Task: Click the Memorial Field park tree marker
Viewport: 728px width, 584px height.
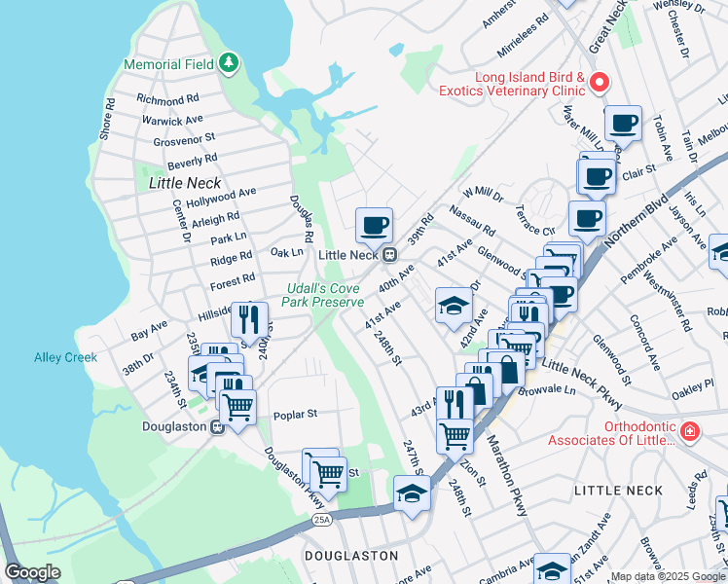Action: tap(229, 64)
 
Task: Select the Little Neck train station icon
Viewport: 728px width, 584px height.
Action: tap(388, 255)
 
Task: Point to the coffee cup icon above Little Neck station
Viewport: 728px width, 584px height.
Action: tap(374, 226)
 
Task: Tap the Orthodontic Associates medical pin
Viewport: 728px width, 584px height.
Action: tap(689, 430)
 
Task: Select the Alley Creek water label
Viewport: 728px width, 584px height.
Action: tap(65, 357)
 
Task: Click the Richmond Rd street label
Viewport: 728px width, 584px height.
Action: tap(167, 99)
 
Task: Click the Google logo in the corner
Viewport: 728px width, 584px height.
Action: tap(32, 572)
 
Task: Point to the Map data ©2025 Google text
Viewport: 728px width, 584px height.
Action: tap(668, 576)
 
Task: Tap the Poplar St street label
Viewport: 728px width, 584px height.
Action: tap(296, 414)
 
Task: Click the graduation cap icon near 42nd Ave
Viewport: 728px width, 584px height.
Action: tap(453, 306)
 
